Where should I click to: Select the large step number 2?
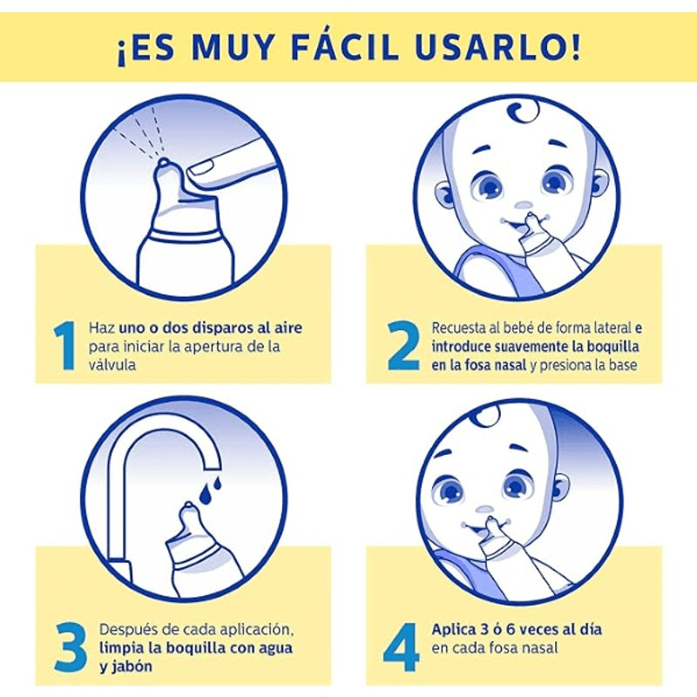coord(403,347)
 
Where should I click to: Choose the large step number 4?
coord(403,646)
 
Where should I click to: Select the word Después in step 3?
coord(127,629)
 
